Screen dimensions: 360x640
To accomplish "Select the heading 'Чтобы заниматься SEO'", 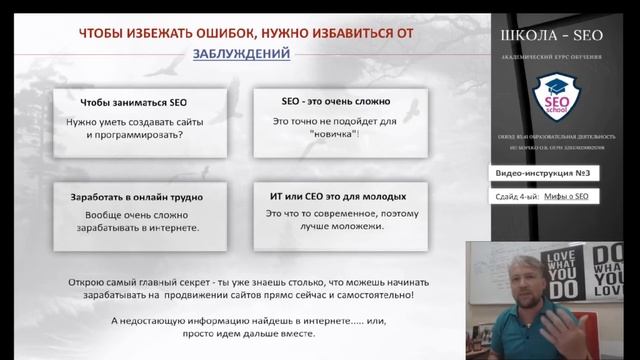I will point(134,102).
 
